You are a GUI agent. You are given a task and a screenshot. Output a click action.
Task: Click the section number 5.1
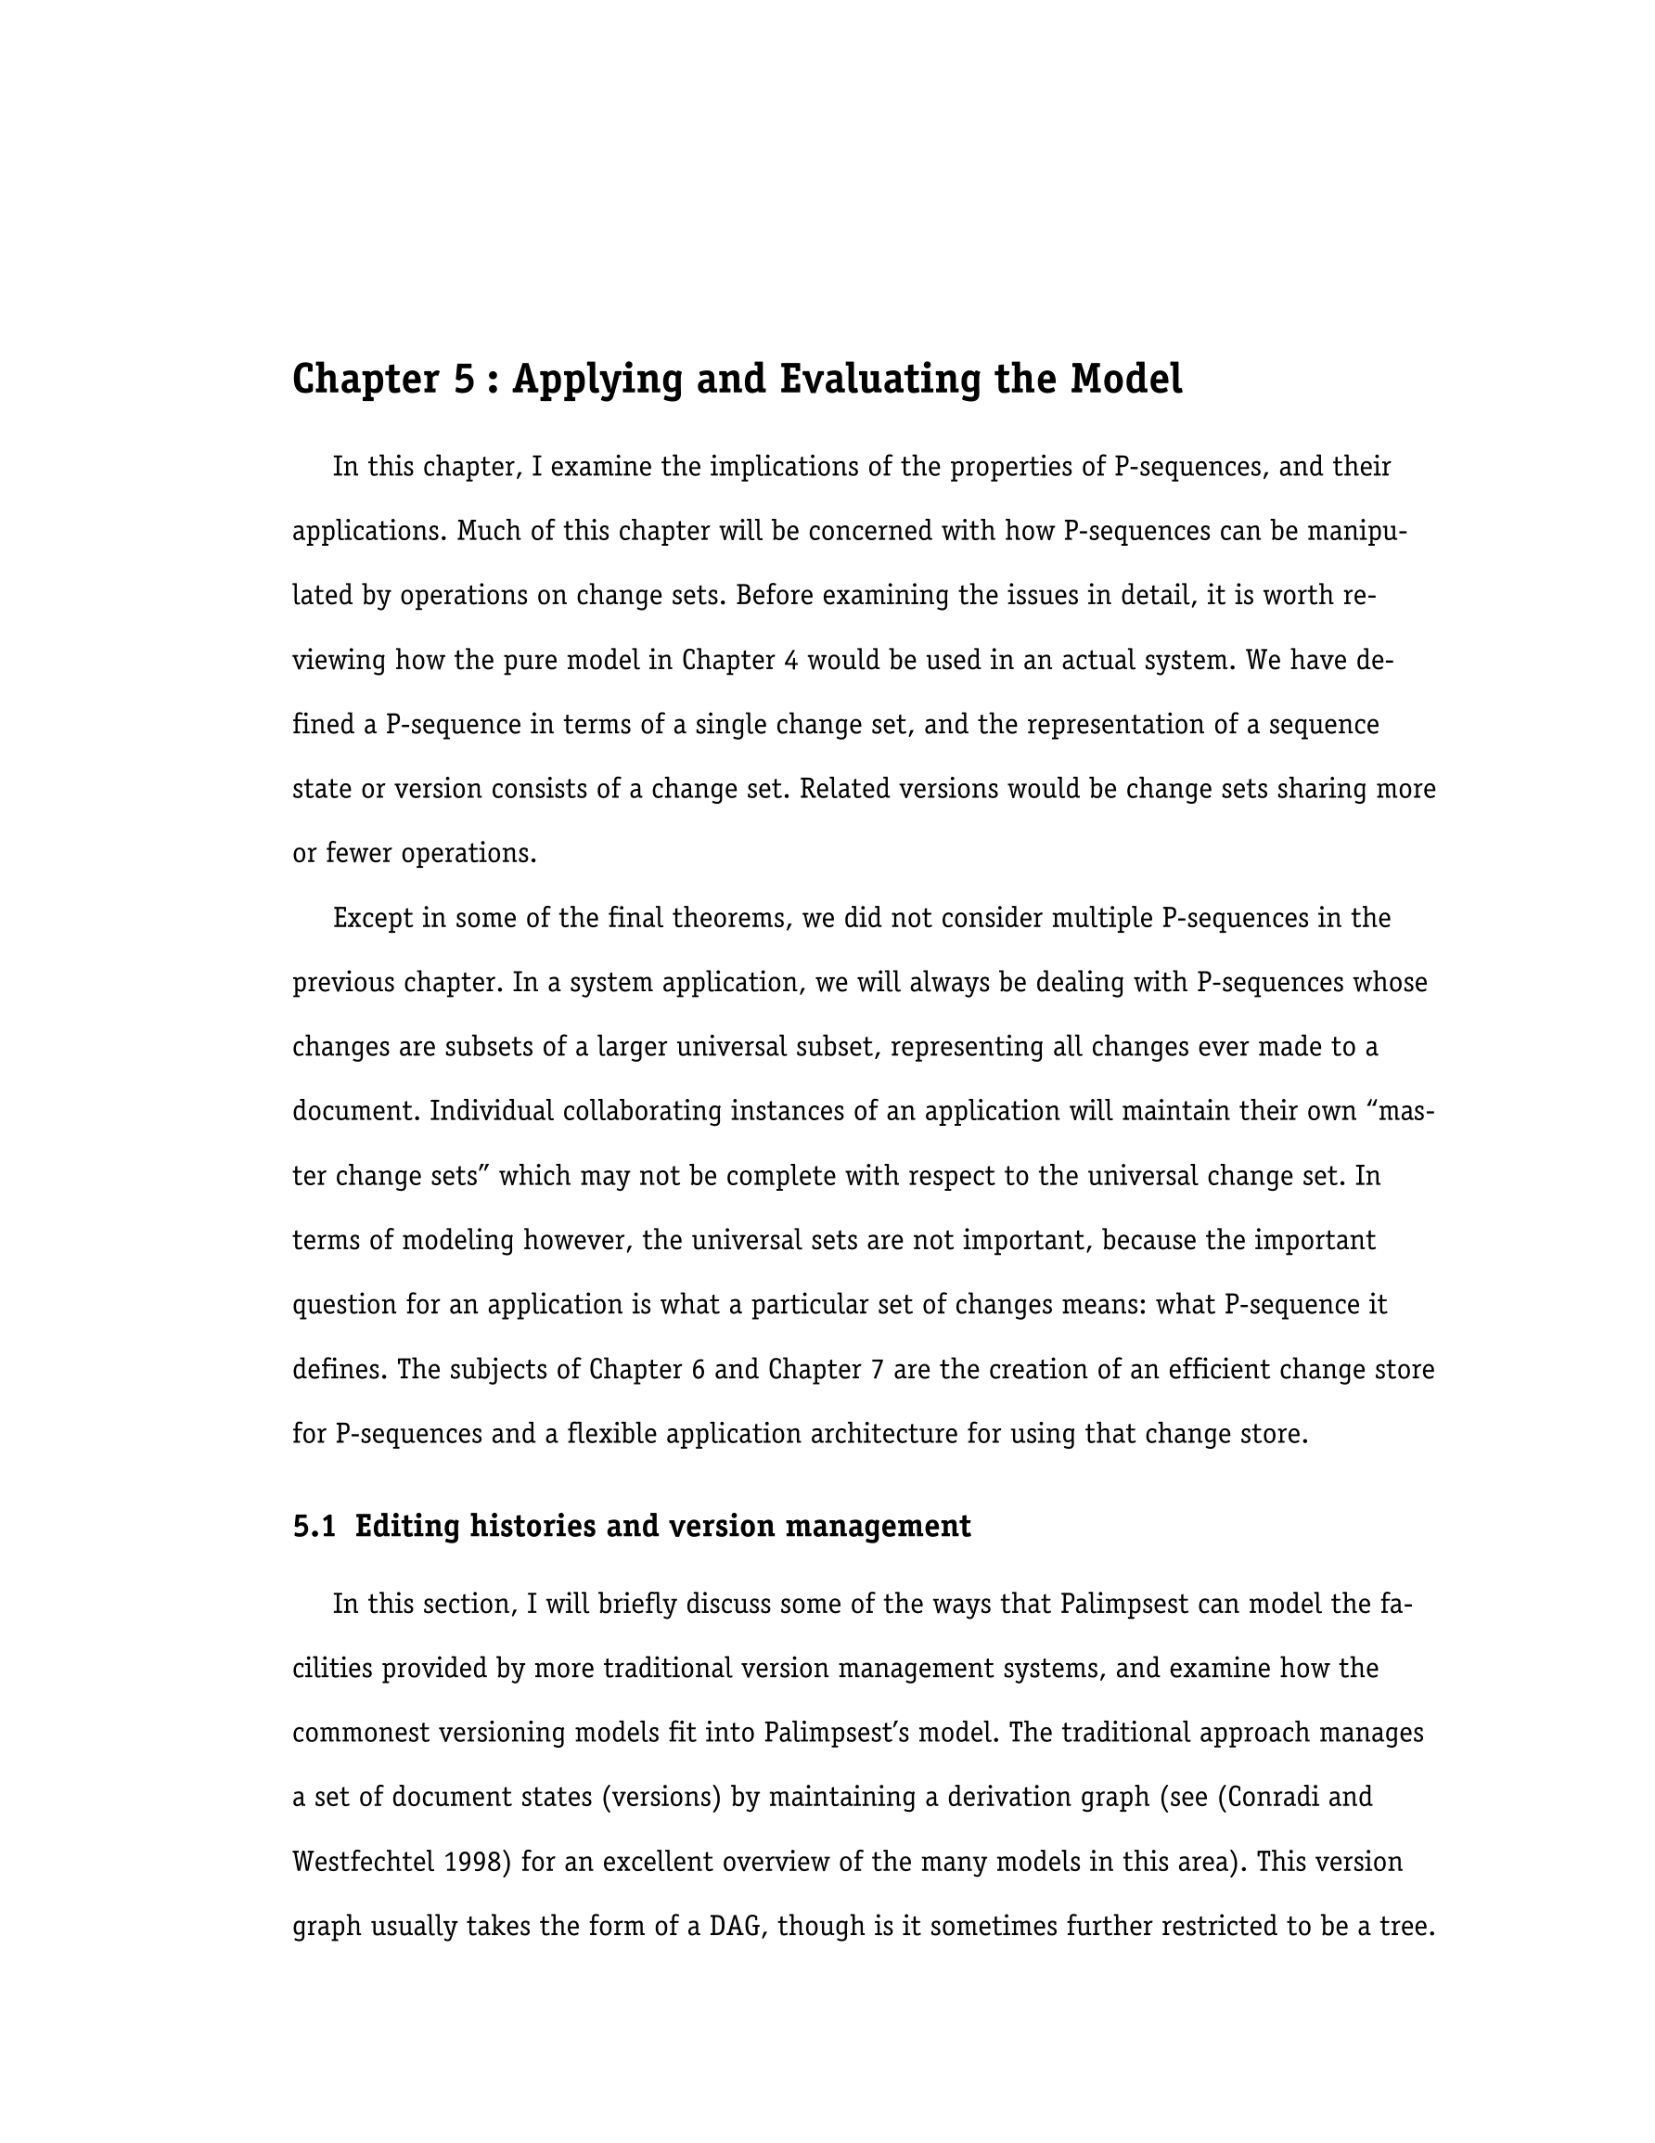click(314, 1527)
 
